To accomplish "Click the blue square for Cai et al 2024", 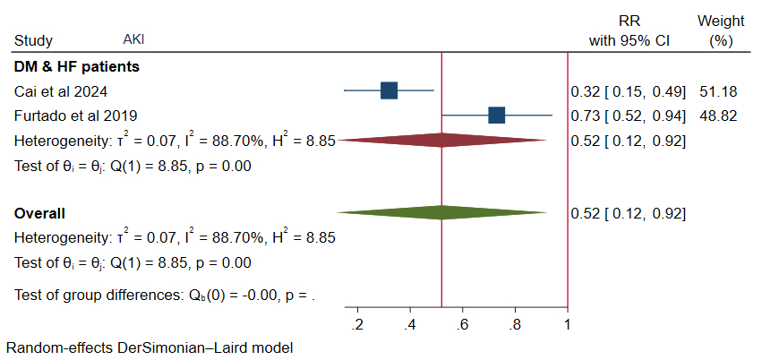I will [389, 90].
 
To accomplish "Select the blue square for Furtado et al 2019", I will [496, 116].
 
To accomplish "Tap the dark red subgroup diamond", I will [442, 141].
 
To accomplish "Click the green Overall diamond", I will [442, 213].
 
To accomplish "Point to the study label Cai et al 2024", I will [51, 91].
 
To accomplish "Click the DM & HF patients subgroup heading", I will [76, 66].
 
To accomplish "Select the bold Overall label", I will [39, 214].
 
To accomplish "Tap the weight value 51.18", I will [715, 91].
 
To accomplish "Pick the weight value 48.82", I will [715, 116].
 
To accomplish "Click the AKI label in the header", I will [133, 40].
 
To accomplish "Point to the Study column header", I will [34, 41].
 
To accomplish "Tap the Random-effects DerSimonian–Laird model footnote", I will [149, 347].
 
